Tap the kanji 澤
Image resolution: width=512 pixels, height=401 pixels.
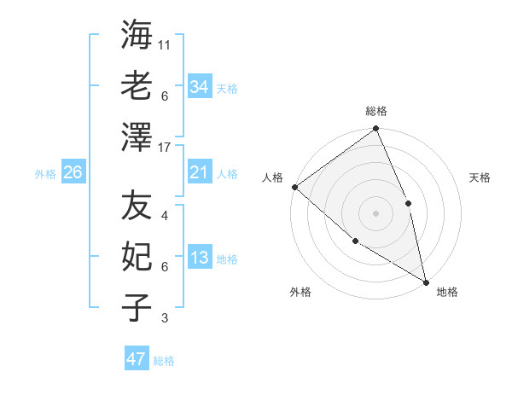coord(137,137)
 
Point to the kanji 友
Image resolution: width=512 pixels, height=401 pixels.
coord(137,206)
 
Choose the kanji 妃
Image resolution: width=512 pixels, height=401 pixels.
coord(137,257)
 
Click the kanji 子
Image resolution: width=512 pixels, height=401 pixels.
coord(137,307)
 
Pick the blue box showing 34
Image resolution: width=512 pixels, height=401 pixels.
coord(200,87)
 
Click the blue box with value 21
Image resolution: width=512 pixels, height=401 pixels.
coord(200,173)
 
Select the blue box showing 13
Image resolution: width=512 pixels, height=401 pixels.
coord(200,258)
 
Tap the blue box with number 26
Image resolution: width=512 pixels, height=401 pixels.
coord(73,173)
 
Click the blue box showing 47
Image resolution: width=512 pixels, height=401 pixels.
coord(137,359)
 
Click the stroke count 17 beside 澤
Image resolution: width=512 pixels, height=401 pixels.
coord(165,147)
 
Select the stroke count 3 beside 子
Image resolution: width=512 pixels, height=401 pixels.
coord(165,318)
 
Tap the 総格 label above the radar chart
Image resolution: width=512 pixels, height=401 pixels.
coord(376,111)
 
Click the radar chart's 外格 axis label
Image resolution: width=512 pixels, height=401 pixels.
coord(300,292)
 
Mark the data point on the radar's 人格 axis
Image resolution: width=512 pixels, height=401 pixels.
coord(294,187)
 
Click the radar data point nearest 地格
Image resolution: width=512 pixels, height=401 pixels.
coord(425,281)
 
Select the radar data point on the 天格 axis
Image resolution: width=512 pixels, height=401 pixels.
coord(408,203)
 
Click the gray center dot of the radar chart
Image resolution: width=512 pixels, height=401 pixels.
coord(375,213)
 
